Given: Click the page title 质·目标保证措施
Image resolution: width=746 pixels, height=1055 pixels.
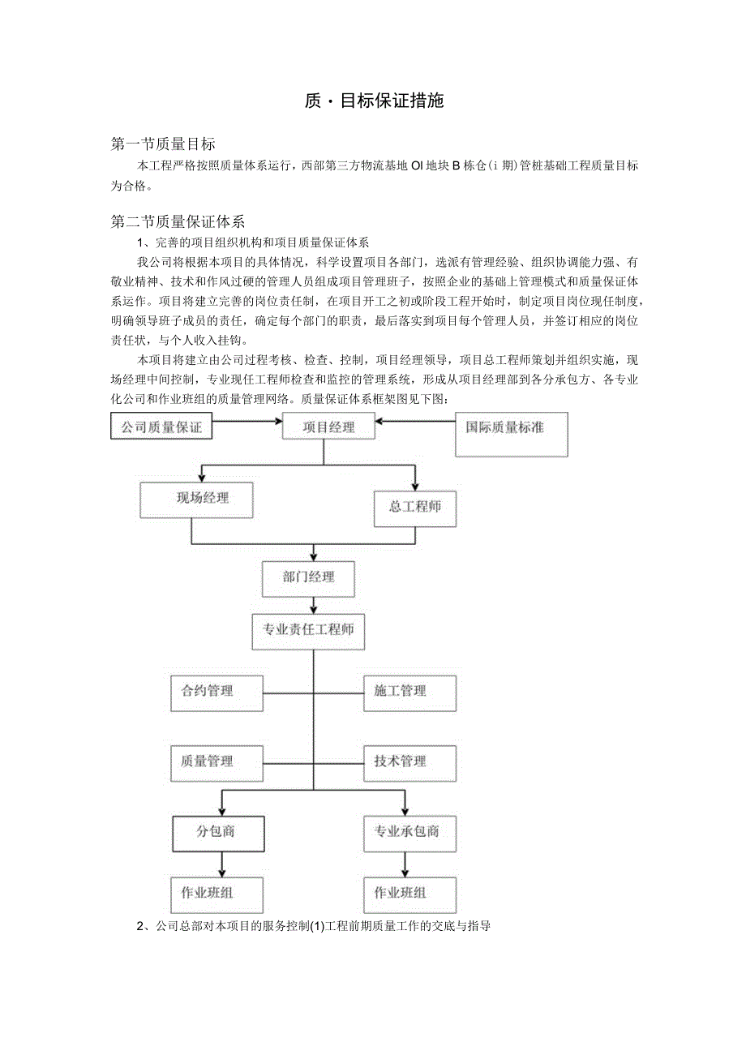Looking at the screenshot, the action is coord(374,101).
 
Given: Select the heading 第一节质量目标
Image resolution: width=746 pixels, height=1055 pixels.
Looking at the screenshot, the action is coord(163,144).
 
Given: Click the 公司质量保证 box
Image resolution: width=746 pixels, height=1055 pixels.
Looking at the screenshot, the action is coord(161,427).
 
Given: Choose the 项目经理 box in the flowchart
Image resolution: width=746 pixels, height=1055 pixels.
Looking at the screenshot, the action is coord(328,427).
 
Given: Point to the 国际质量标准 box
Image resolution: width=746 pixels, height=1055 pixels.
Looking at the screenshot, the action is coord(511,434).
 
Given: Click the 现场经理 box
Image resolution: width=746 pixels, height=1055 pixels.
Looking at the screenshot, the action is coord(196,500).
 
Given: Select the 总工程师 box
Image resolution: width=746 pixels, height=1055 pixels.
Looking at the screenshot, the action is coord(414,507).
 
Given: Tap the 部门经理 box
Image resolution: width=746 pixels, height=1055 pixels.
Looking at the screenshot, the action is coord(308,578).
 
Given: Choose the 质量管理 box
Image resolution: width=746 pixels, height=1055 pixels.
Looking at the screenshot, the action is coord(217,763).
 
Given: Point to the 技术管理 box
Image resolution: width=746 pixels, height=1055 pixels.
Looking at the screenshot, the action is coord(409,763).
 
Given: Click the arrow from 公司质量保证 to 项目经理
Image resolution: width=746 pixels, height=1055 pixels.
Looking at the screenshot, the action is coord(247,422).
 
